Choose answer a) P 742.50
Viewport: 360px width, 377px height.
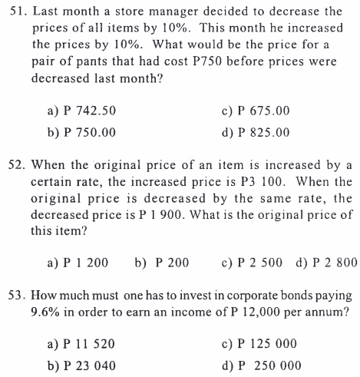tap(81, 111)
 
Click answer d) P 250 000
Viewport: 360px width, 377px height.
tap(259, 365)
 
